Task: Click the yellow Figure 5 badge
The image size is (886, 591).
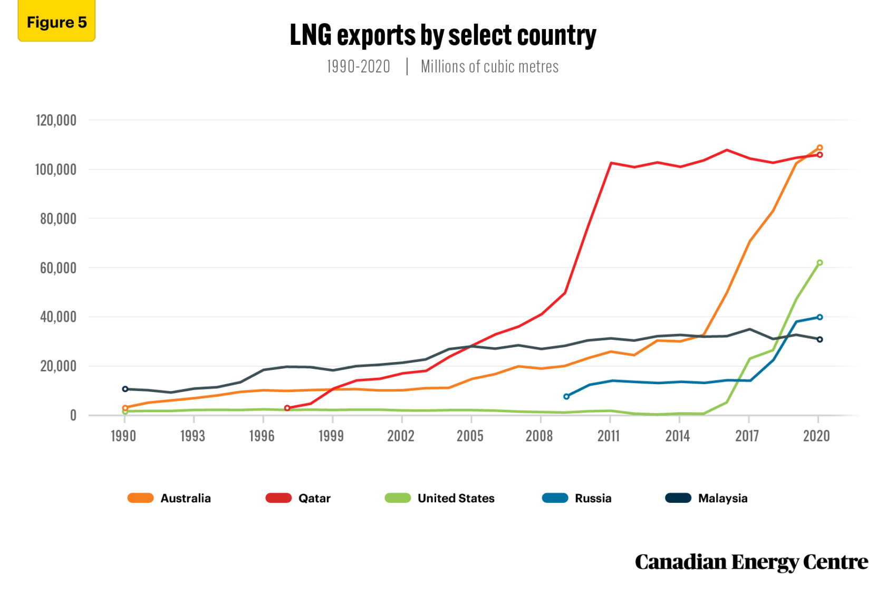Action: (x=56, y=22)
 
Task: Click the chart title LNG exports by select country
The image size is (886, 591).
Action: (x=442, y=36)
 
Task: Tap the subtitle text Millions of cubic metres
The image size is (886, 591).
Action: (x=489, y=67)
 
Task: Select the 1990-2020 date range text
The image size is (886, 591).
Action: (x=358, y=67)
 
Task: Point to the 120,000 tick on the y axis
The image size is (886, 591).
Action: (x=56, y=120)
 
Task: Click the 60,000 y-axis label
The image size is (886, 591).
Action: (x=58, y=268)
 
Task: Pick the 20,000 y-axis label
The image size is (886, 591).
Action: (x=58, y=366)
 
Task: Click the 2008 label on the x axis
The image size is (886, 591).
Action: (x=539, y=436)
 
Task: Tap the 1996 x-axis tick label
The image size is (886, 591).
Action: (x=262, y=436)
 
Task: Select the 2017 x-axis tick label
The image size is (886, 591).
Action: (x=747, y=436)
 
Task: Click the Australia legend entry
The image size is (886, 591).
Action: (x=170, y=498)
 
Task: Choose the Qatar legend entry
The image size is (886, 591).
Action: (x=298, y=498)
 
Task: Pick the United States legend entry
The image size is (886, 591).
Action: (x=440, y=498)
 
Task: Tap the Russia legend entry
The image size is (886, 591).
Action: (x=577, y=498)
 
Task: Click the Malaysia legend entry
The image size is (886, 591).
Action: (x=707, y=498)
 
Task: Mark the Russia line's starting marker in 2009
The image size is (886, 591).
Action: (x=566, y=396)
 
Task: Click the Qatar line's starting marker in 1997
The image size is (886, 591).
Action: (x=287, y=408)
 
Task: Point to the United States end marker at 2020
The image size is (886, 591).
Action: (x=820, y=263)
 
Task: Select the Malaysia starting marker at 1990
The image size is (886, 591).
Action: (x=125, y=389)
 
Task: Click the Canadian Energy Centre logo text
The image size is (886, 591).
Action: (x=751, y=562)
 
